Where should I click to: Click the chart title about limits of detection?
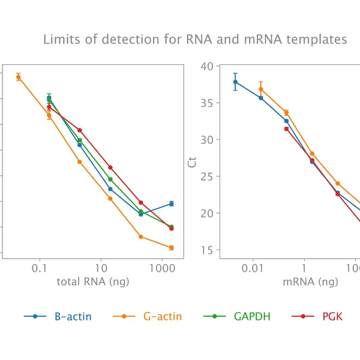point(195,40)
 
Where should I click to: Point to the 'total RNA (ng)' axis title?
point(92,281)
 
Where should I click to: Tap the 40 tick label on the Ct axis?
point(207,66)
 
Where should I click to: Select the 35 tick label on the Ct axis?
point(207,103)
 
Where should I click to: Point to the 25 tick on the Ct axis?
point(207,176)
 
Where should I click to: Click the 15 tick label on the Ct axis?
point(207,250)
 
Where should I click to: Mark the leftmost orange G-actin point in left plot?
point(19,77)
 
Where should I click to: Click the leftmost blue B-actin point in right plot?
point(235,82)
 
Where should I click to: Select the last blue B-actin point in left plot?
point(172,204)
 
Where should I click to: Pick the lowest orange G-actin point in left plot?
point(172,247)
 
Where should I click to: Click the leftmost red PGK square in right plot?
point(286,128)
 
